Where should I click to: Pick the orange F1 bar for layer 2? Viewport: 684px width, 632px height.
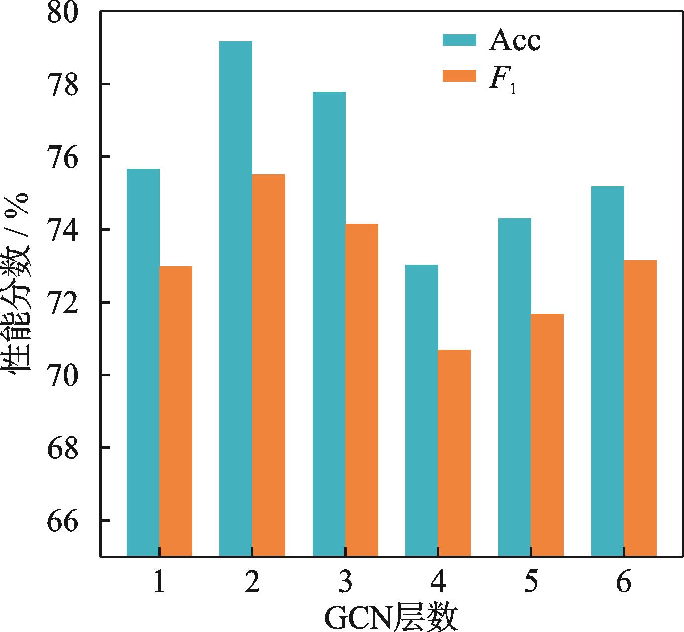pyautogui.click(x=268, y=365)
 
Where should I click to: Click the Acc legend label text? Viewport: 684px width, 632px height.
pyautogui.click(x=514, y=41)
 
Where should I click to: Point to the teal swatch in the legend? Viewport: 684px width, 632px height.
pyautogui.click(x=459, y=40)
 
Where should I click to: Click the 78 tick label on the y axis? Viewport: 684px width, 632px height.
pyautogui.click(x=63, y=84)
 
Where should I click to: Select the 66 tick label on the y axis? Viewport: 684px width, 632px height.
pyautogui.click(x=63, y=521)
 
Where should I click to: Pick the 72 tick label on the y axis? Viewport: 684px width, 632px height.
pyautogui.click(x=63, y=302)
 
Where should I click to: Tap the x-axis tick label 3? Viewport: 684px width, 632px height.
pyautogui.click(x=345, y=584)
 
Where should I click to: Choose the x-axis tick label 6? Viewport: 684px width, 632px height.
pyautogui.click(x=624, y=584)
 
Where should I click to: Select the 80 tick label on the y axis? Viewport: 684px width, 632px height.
pyautogui.click(x=63, y=13)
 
